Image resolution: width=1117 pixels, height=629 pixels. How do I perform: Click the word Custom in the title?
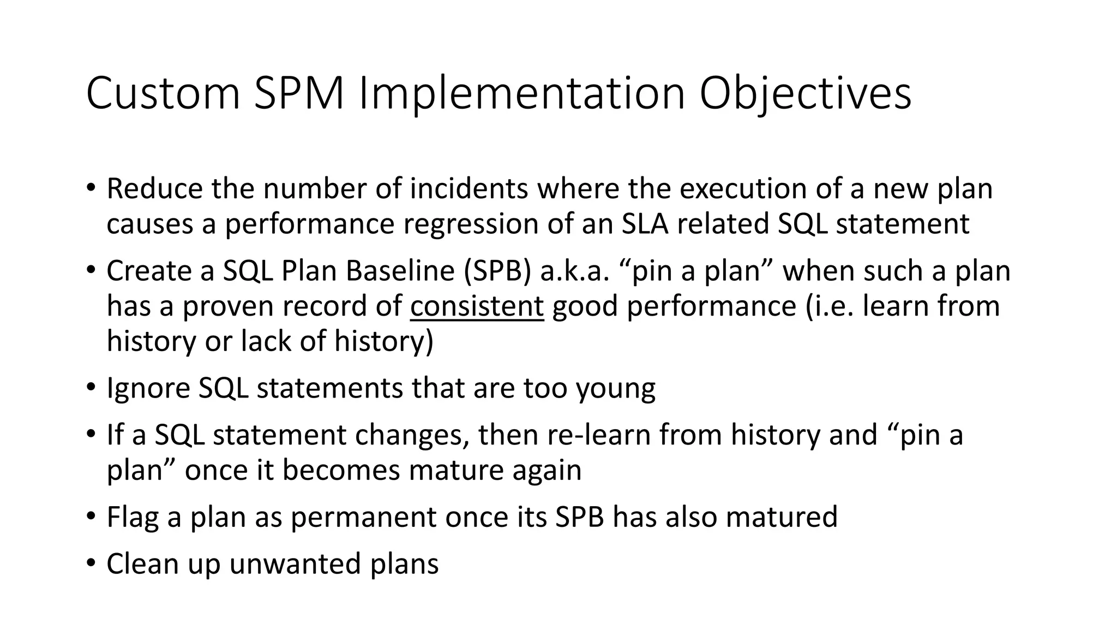pyautogui.click(x=163, y=94)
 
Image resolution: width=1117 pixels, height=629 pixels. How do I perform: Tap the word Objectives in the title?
pyautogui.click(x=805, y=94)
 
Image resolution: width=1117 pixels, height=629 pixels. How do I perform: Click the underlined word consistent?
pyautogui.click(x=477, y=306)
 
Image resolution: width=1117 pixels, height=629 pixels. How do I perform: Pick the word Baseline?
pyautogui.click(x=400, y=271)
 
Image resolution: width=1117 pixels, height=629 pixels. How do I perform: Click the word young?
pyautogui.click(x=616, y=388)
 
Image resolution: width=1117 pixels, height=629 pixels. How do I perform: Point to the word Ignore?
pyautogui.click(x=147, y=388)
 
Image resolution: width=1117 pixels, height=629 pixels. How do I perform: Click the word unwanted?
pyautogui.click(x=295, y=563)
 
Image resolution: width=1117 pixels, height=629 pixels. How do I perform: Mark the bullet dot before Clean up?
pyautogui.click(x=91, y=562)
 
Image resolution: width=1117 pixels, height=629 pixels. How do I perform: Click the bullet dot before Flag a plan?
pyautogui.click(x=91, y=516)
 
